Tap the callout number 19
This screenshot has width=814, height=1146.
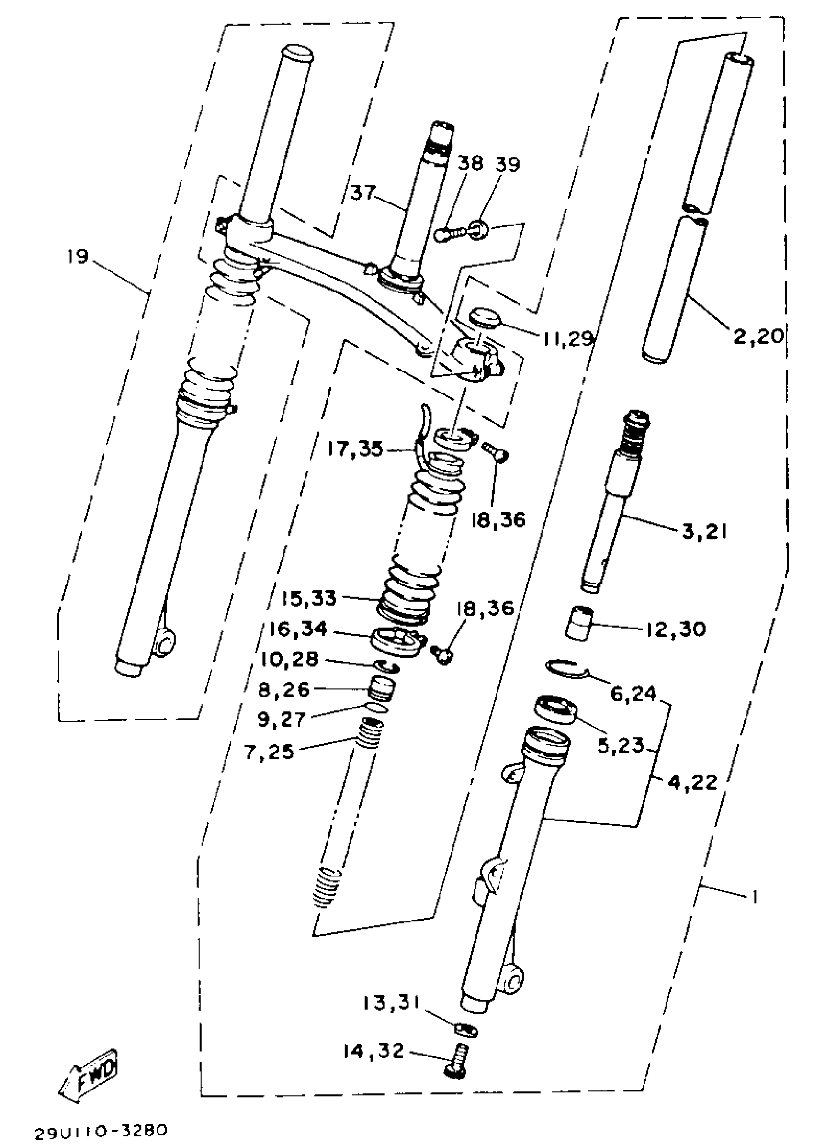[x=78, y=257]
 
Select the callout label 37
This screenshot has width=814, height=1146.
[x=363, y=192]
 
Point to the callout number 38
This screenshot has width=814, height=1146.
[x=470, y=163]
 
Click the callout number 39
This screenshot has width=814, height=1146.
[x=508, y=164]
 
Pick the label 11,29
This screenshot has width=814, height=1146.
[x=568, y=339]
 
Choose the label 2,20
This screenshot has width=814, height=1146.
[x=758, y=336]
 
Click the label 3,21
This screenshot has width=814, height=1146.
[x=704, y=531]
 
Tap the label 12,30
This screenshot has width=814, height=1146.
[x=675, y=629]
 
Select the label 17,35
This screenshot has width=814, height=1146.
[x=355, y=449]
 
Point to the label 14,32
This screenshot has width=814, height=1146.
[x=373, y=1051]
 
